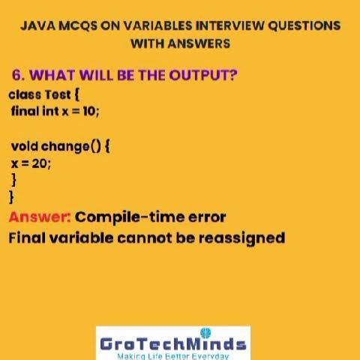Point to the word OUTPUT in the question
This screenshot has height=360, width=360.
pos(205,76)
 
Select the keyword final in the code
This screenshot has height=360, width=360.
pos(24,111)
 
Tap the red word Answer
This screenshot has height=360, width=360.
pos(39,217)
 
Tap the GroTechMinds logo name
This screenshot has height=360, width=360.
pos(172,344)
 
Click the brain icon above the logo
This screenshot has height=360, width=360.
pos(206,332)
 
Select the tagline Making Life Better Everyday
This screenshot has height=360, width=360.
pos(172,356)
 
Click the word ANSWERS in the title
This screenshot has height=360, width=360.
pos(199,43)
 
